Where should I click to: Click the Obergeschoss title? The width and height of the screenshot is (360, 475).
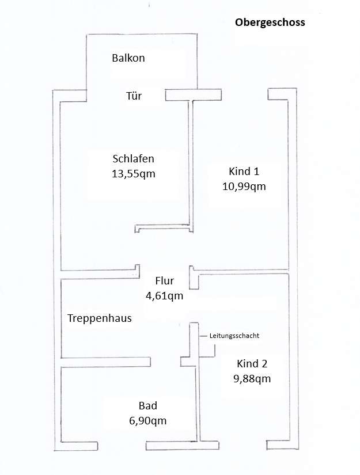[x=270, y=23]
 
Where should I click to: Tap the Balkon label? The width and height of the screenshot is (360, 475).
[x=128, y=58]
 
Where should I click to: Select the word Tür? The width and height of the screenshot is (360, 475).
[x=134, y=96]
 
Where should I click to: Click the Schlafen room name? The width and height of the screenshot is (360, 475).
[x=134, y=159]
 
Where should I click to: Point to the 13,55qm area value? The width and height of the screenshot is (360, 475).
[x=134, y=173]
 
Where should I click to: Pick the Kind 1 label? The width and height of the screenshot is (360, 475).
[x=244, y=172]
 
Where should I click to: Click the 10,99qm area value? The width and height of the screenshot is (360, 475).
[x=244, y=186]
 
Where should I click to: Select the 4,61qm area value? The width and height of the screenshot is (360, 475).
[x=164, y=296]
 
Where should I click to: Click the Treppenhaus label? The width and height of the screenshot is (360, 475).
[x=99, y=318]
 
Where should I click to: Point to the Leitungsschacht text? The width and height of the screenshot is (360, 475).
[x=233, y=335]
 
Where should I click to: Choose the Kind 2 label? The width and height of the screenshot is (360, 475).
[x=252, y=364]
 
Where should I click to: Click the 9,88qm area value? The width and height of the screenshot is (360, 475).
[x=252, y=378]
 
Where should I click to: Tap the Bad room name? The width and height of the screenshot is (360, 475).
[x=148, y=405]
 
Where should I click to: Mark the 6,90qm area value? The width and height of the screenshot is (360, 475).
[x=148, y=420]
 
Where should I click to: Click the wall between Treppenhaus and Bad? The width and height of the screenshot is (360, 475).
[x=105, y=362]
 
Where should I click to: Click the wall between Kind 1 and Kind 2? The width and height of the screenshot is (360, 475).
[x=242, y=271]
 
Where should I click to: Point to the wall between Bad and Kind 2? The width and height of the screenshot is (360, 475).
[x=198, y=403]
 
